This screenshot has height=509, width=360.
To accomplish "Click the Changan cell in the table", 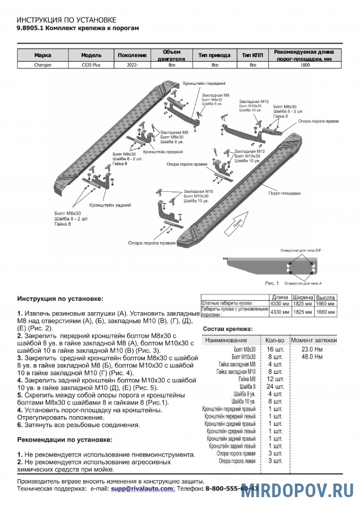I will [42, 65].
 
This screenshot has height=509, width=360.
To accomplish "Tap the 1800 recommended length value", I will [305, 65].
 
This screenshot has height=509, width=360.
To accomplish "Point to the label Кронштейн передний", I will [200, 83].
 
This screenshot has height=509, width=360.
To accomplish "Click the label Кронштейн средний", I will [162, 152].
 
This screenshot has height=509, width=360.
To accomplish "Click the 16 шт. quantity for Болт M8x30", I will [275, 350].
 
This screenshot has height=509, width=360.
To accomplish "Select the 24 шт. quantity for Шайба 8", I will [275, 386].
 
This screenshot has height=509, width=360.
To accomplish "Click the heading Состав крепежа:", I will [228, 329].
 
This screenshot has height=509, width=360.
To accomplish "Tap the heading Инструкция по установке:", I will [61, 298].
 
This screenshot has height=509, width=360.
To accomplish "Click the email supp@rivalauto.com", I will [143, 488].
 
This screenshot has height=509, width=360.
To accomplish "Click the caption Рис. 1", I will [272, 282].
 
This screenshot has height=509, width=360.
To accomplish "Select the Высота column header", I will [325, 297].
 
